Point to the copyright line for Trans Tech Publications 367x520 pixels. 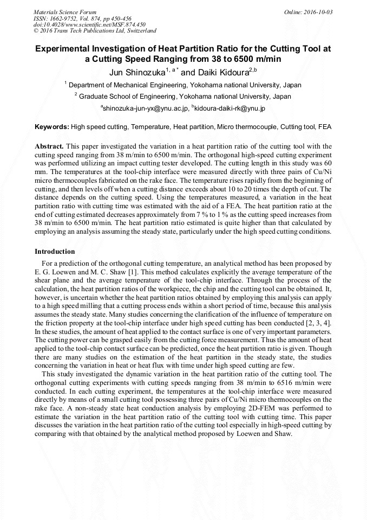[x=95, y=31]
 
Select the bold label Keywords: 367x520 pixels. [x=51, y=127]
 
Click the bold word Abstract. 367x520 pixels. [x=49, y=147]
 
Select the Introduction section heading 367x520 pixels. [x=55, y=252]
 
